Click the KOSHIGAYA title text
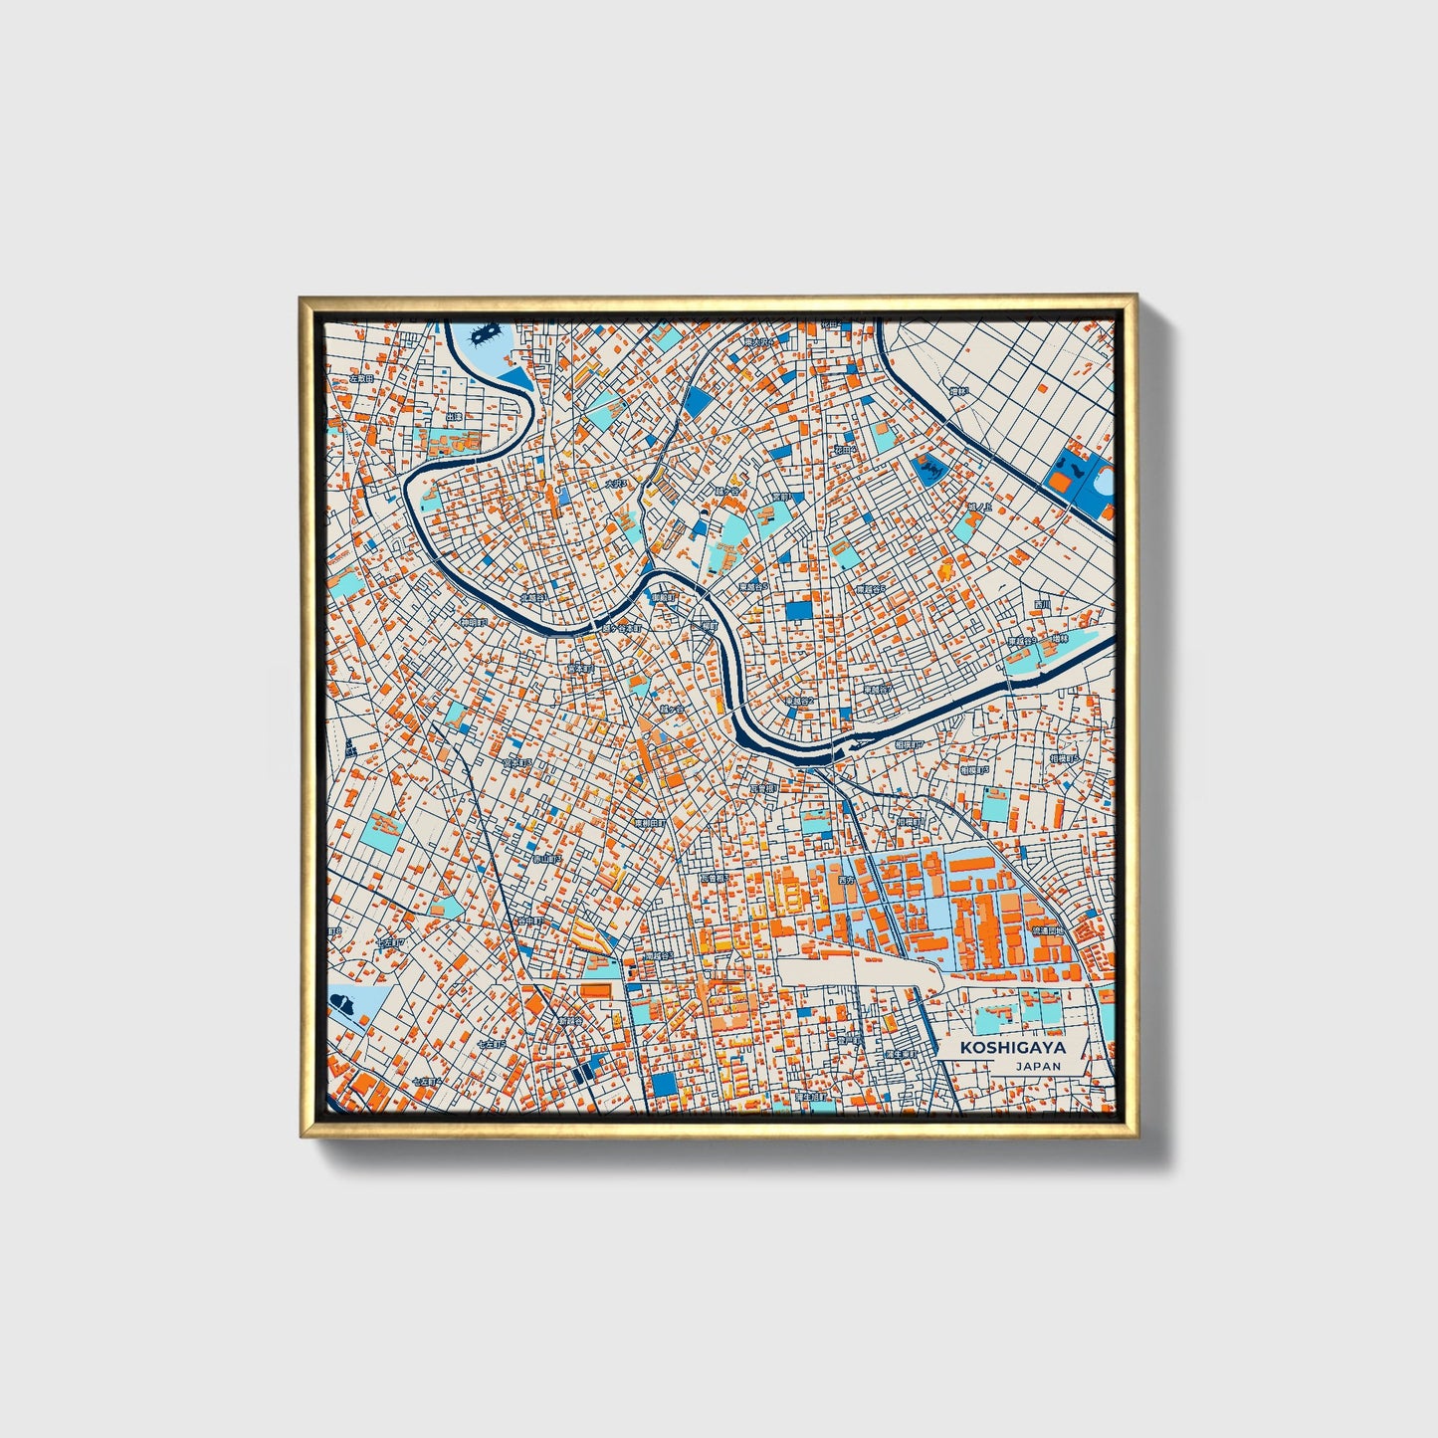1012,1048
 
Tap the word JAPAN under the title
1038,1066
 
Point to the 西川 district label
1042,605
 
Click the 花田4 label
845,450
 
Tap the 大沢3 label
617,484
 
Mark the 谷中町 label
529,922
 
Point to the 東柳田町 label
650,824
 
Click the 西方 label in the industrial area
846,881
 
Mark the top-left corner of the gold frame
302,298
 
